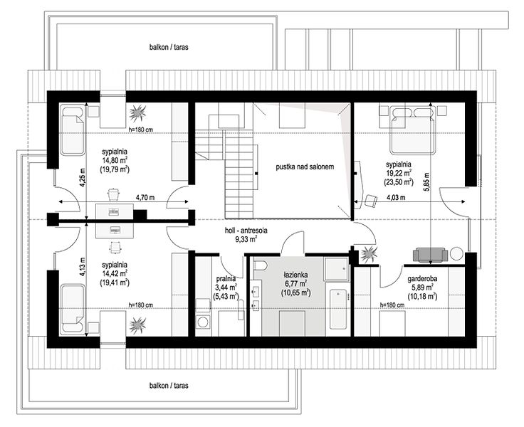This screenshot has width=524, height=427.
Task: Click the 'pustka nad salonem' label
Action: coord(305,167)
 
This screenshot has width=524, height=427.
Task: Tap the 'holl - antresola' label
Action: coord(246,231)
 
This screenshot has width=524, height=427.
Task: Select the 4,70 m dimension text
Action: coord(145,197)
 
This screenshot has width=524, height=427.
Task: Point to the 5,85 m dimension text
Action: coord(426,181)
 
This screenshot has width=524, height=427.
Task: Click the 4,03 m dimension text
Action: coord(396,197)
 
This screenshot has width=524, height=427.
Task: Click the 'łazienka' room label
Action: coord(295,275)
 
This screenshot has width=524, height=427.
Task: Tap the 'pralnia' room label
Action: coord(226,278)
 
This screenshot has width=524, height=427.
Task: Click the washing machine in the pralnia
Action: coord(202,322)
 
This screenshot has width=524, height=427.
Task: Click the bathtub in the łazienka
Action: coord(339,310)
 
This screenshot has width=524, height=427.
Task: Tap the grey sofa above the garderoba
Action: coord(431,255)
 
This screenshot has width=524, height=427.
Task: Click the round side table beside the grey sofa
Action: coord(456,253)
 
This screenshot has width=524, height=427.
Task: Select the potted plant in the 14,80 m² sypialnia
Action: coord(137,113)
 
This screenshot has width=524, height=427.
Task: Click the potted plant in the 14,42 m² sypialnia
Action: coord(137,325)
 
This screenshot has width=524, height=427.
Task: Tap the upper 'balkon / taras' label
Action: coord(169,47)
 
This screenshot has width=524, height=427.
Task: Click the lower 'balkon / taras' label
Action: coord(169,386)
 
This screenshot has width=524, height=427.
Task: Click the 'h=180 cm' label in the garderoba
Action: coord(392,305)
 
